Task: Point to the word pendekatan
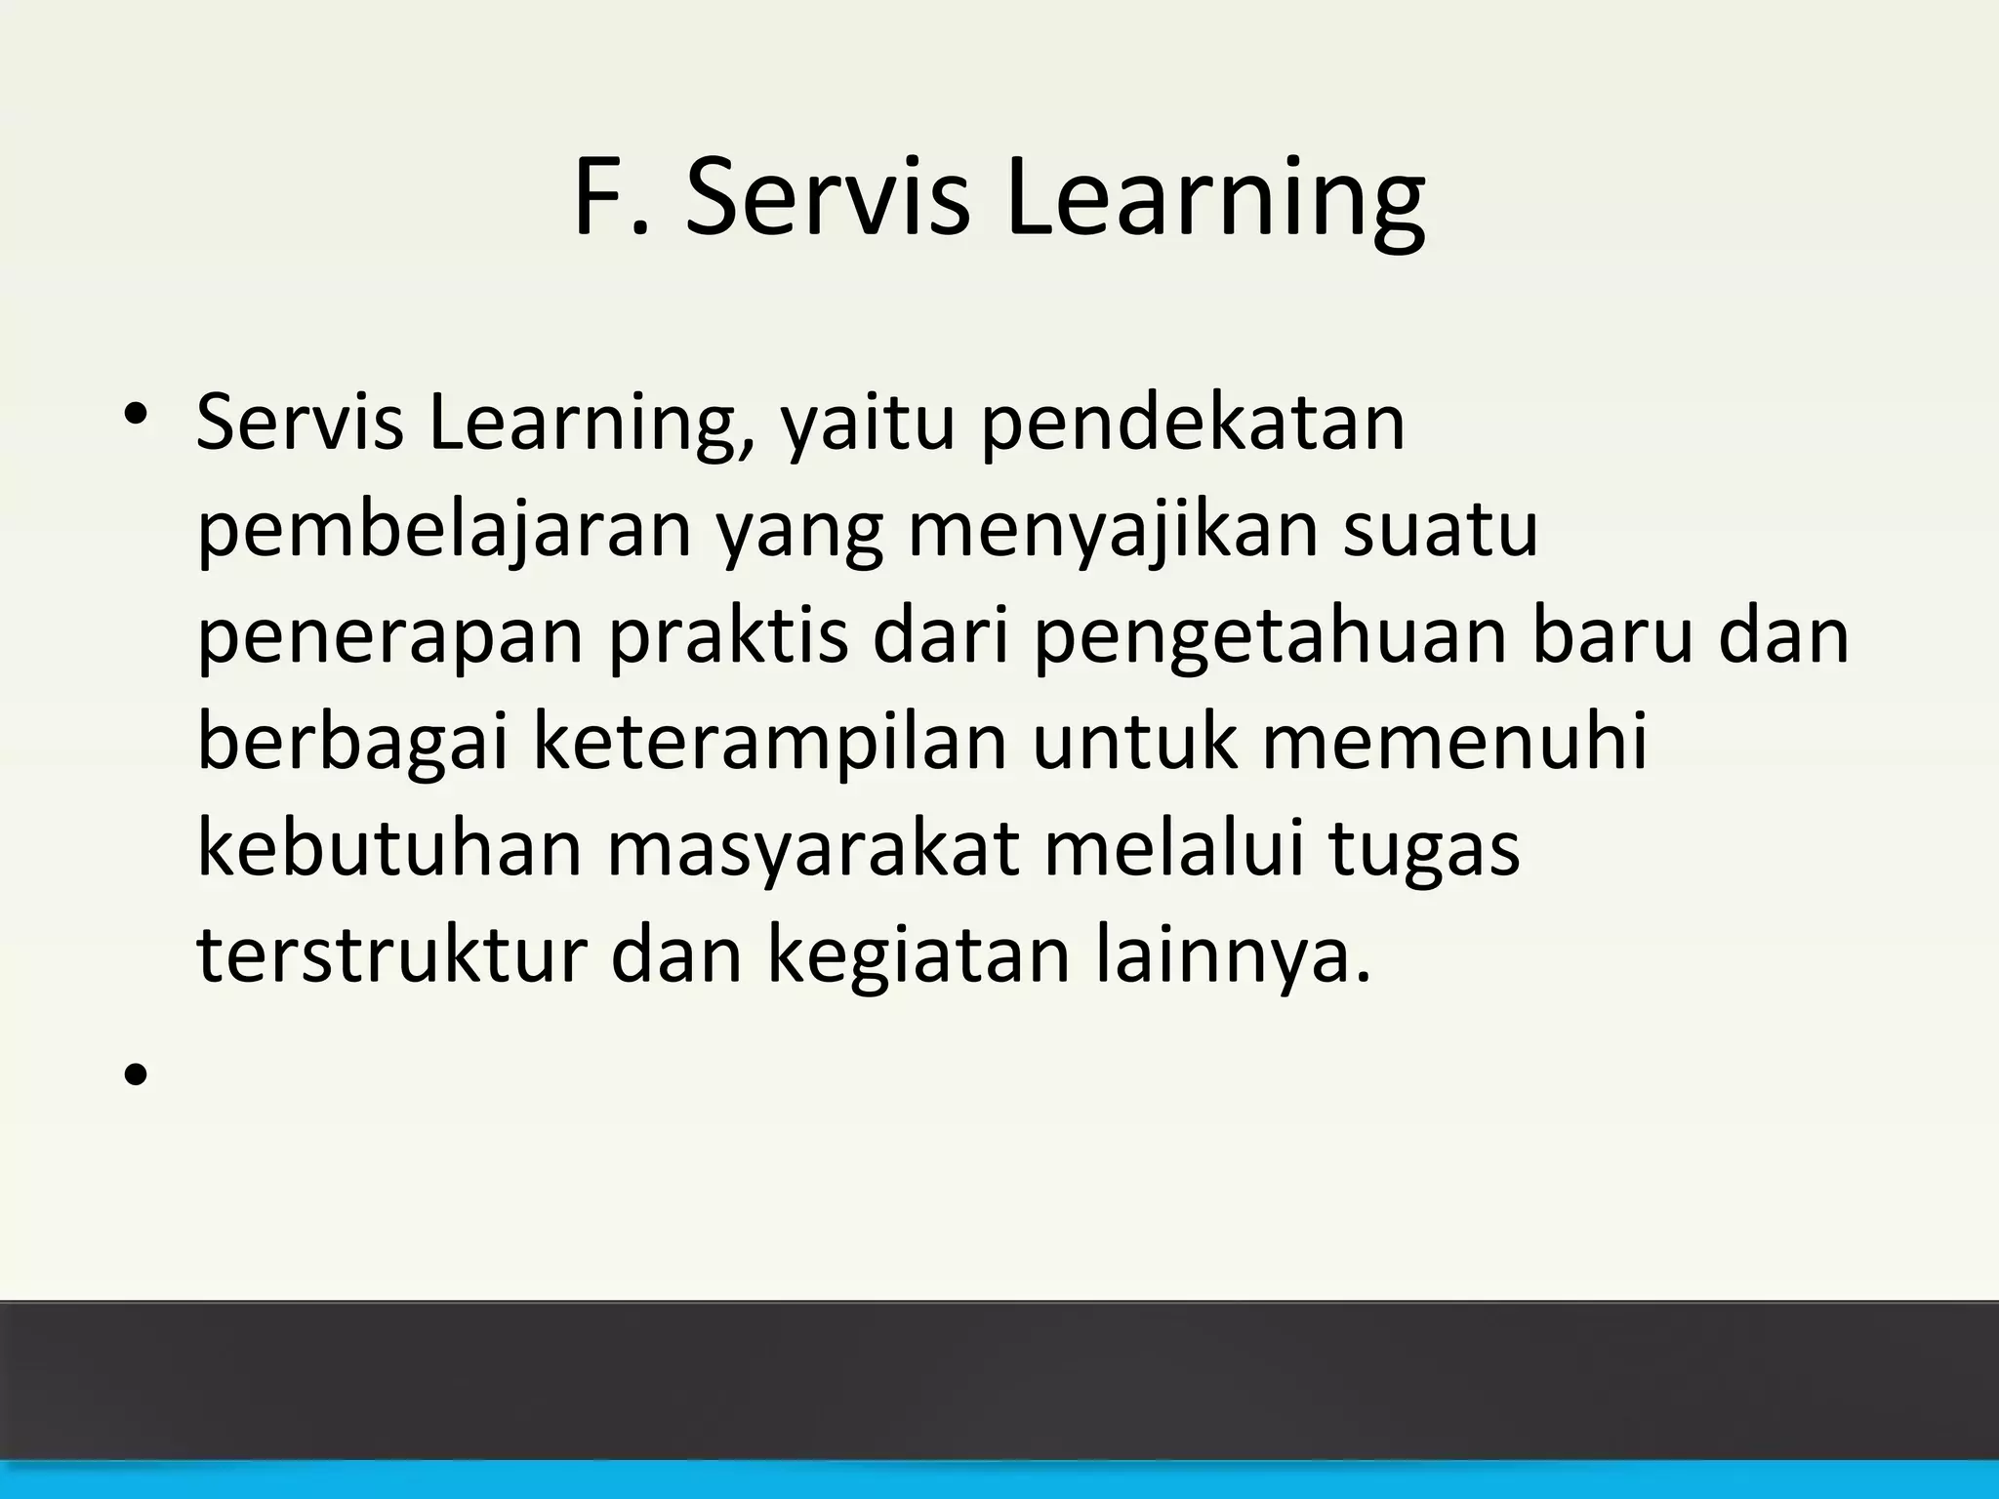[x=1192, y=425]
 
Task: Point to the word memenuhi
[x=1454, y=743]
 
